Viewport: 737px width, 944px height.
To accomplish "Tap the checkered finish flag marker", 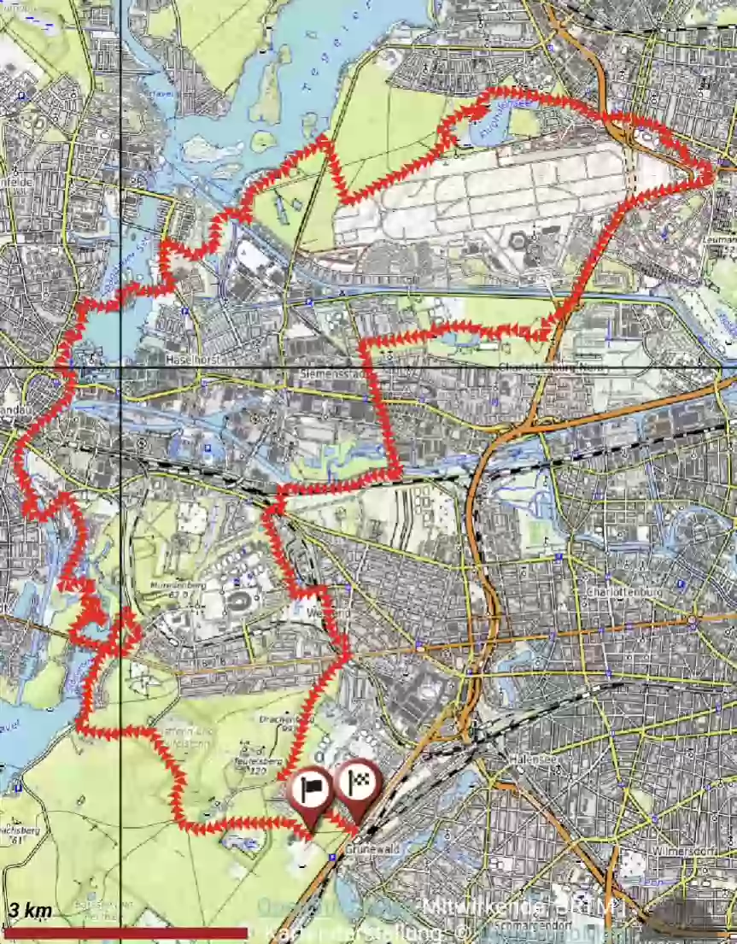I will [x=358, y=783].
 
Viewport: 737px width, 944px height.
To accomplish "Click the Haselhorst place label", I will [x=195, y=361].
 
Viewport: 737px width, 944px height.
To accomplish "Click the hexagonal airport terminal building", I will [x=518, y=241].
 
